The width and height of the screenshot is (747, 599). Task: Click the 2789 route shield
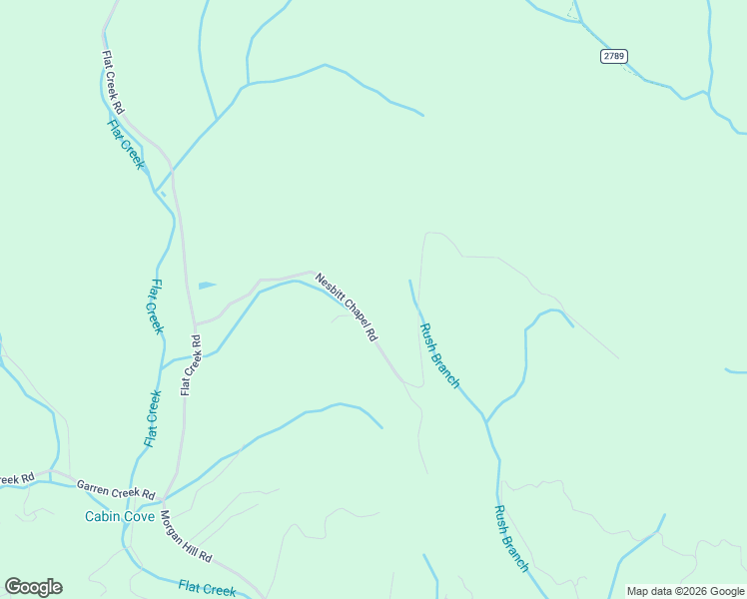pos(613,56)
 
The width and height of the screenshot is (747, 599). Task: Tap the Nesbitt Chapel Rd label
pos(346,307)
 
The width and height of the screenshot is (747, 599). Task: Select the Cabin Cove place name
pos(119,516)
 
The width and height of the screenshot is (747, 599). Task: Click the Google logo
pos(33,587)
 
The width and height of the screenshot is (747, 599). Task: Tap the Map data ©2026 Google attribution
pos(686,591)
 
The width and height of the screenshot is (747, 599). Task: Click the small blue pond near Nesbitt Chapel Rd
pos(207,286)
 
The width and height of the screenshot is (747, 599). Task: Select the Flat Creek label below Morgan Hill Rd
pos(207,589)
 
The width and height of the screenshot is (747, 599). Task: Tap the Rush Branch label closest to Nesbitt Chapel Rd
pos(439,355)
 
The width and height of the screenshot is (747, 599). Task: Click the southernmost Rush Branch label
pos(510,538)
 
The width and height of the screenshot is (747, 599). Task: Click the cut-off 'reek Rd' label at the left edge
pos(16,479)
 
